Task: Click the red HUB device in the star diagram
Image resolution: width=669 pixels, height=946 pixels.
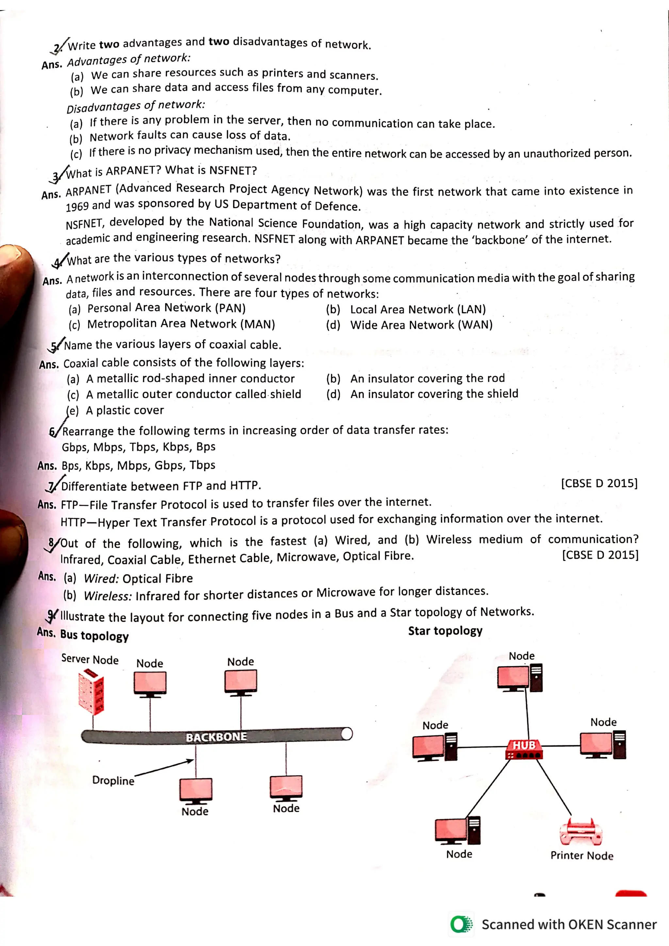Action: click(524, 749)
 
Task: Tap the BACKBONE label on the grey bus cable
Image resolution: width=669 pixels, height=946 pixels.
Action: click(216, 737)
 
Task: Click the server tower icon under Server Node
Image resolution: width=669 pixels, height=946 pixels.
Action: click(91, 692)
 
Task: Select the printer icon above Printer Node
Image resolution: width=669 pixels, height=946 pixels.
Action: click(581, 831)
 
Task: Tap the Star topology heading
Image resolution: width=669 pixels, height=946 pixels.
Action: click(445, 631)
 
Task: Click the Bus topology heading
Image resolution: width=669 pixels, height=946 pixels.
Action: click(94, 635)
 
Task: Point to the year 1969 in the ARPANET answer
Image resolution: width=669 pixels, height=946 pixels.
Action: click(77, 206)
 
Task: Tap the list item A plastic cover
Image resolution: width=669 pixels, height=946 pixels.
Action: click(124, 410)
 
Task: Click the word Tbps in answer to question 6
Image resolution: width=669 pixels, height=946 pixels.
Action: click(203, 465)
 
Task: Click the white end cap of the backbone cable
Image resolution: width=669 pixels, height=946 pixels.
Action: click(347, 733)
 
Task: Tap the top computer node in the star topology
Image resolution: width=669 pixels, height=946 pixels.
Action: click(519, 678)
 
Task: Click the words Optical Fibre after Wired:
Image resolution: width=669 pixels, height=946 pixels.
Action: click(157, 578)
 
